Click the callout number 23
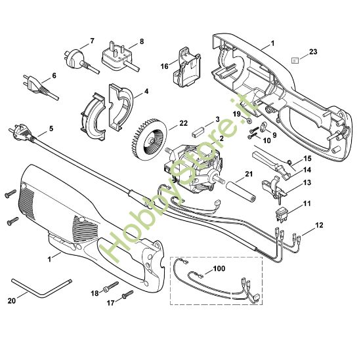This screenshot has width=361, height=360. [312, 50]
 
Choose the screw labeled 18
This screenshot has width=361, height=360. [109, 286]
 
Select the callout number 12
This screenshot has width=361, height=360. [320, 225]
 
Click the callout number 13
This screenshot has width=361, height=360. [307, 184]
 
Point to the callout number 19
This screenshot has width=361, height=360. [238, 113]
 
